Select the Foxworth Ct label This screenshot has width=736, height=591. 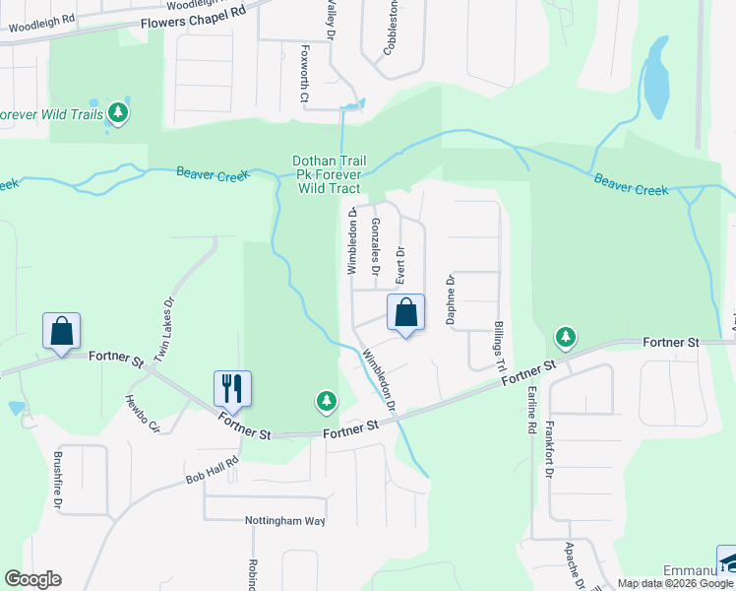[x=305, y=75]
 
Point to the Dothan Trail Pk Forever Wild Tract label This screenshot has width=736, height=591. [x=328, y=174]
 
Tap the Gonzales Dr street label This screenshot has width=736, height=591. [x=376, y=246]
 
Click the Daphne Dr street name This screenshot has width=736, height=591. [x=451, y=299]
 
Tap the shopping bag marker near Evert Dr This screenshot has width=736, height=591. [x=405, y=314]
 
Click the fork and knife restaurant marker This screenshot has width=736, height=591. [x=232, y=389]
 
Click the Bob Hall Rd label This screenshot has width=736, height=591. [x=212, y=473]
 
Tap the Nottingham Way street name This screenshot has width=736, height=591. [x=286, y=520]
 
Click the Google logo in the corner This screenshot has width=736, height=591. [x=32, y=579]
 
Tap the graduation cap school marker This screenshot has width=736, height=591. [x=728, y=559]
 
